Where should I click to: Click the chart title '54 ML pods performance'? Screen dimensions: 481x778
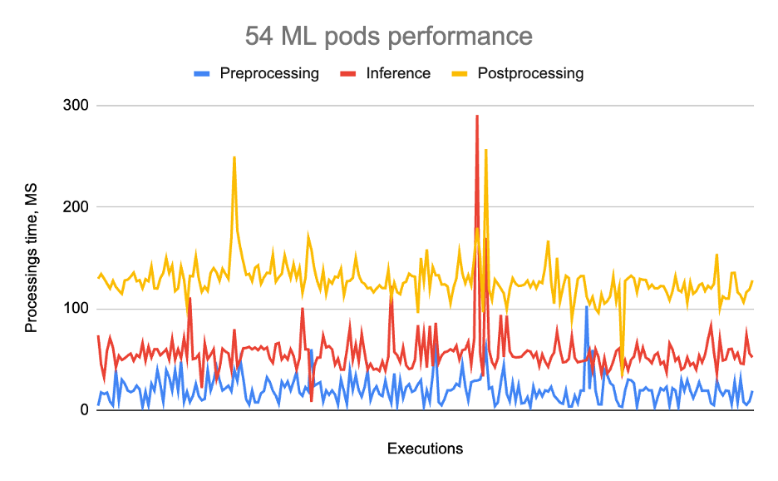(388, 37)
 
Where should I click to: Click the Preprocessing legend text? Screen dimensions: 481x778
(269, 73)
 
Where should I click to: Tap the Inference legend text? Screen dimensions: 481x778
(398, 73)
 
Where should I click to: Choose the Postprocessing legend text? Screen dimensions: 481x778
(530, 73)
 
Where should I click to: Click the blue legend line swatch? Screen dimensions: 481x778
(201, 73)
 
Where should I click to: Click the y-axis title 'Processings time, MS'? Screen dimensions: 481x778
(32, 259)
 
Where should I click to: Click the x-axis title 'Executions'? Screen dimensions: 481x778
(425, 449)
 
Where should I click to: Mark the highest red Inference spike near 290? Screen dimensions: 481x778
(477, 117)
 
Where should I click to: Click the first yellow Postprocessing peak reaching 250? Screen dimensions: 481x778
(234, 157)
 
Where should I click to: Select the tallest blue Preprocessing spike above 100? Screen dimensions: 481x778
(586, 307)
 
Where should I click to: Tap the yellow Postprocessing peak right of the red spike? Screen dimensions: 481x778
(485, 151)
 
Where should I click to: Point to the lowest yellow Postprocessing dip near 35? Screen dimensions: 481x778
(622, 376)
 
